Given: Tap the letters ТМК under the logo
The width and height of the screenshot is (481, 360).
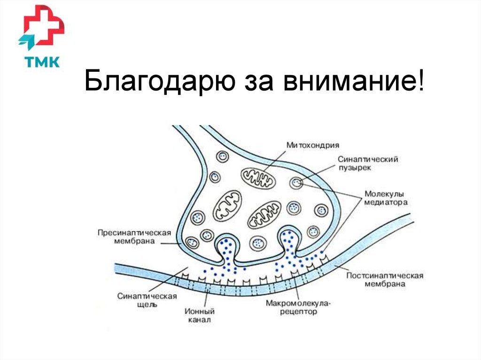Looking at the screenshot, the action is (41, 61).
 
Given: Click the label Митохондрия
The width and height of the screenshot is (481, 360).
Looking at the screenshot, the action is (313, 145).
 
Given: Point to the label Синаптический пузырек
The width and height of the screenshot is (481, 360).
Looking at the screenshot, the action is (368, 163).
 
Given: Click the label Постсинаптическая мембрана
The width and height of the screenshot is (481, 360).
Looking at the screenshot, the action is (385, 280).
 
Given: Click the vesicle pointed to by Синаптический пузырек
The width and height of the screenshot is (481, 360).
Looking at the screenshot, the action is (296, 183).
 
